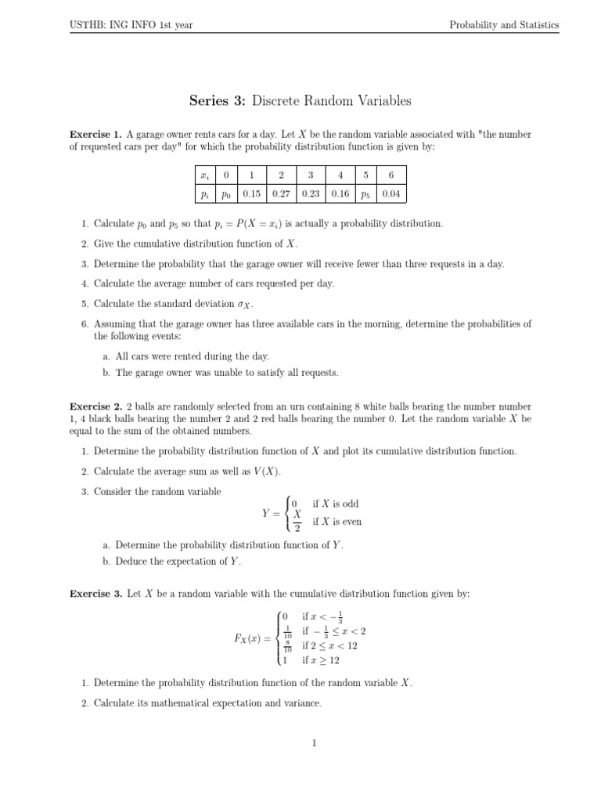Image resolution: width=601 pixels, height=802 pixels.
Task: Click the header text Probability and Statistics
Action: (504, 25)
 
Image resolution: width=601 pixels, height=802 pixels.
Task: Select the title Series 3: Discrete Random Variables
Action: (300, 101)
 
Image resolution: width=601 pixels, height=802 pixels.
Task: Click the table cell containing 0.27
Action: (281, 193)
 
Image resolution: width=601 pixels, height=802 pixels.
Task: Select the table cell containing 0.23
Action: (311, 193)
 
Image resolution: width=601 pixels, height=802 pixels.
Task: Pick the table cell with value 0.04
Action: (390, 193)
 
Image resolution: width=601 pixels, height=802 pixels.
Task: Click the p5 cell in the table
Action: (366, 193)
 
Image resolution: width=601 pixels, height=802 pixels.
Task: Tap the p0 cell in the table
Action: (226, 193)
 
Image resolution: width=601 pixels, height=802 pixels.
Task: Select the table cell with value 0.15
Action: (251, 193)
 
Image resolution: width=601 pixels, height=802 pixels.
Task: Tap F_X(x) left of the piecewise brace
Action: (250, 639)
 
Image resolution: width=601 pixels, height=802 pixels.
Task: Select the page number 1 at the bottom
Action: (313, 743)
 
